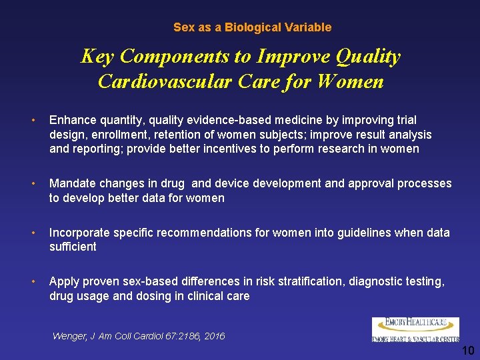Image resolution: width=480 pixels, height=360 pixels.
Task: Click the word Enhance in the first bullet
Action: (x=72, y=120)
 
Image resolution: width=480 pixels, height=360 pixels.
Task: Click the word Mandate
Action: (x=73, y=183)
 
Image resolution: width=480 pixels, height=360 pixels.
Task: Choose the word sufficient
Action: (x=73, y=247)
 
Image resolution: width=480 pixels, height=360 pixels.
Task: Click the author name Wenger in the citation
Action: (x=69, y=336)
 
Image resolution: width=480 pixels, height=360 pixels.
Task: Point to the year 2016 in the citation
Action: (x=213, y=336)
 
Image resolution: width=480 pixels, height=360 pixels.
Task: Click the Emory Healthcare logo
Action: (x=415, y=330)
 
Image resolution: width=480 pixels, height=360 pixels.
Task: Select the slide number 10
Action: (x=468, y=350)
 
